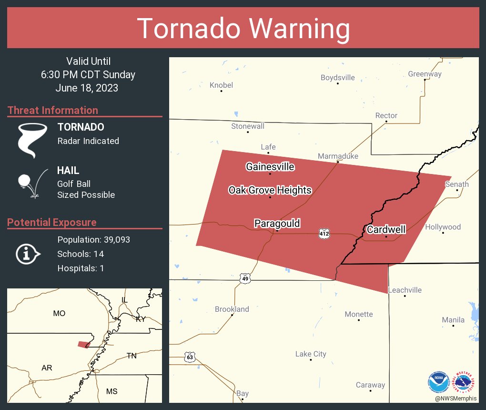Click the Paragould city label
tap(277, 224)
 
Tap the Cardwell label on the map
tap(386, 230)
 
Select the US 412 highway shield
tap(324, 234)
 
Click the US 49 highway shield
tap(244, 278)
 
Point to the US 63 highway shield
tap(190, 357)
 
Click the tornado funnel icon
tap(32, 140)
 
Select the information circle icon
tap(27, 254)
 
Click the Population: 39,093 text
tap(93, 239)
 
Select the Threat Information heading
tap(53, 110)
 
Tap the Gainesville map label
tap(270, 167)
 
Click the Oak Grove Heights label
tap(270, 190)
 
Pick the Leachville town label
tap(405, 290)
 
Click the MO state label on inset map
tap(59, 313)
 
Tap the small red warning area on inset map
tap(84, 344)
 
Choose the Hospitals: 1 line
tap(81, 268)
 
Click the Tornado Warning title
tap(243, 29)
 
